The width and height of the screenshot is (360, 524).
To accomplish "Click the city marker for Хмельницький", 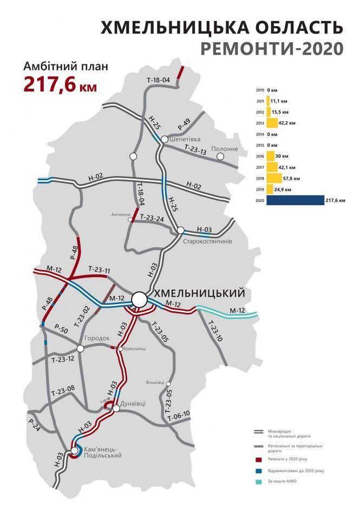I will (140, 299).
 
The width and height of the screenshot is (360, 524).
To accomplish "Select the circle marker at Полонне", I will (220, 156).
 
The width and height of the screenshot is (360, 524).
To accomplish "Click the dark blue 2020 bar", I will (295, 200).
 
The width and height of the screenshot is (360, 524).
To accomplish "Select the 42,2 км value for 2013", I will (288, 123).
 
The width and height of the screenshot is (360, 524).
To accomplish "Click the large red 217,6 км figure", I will (60, 84).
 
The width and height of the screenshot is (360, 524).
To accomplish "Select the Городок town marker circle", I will (80, 348).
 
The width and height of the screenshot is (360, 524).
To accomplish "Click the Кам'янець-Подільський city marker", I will (75, 450).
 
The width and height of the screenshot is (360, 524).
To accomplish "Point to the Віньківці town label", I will (155, 382).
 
